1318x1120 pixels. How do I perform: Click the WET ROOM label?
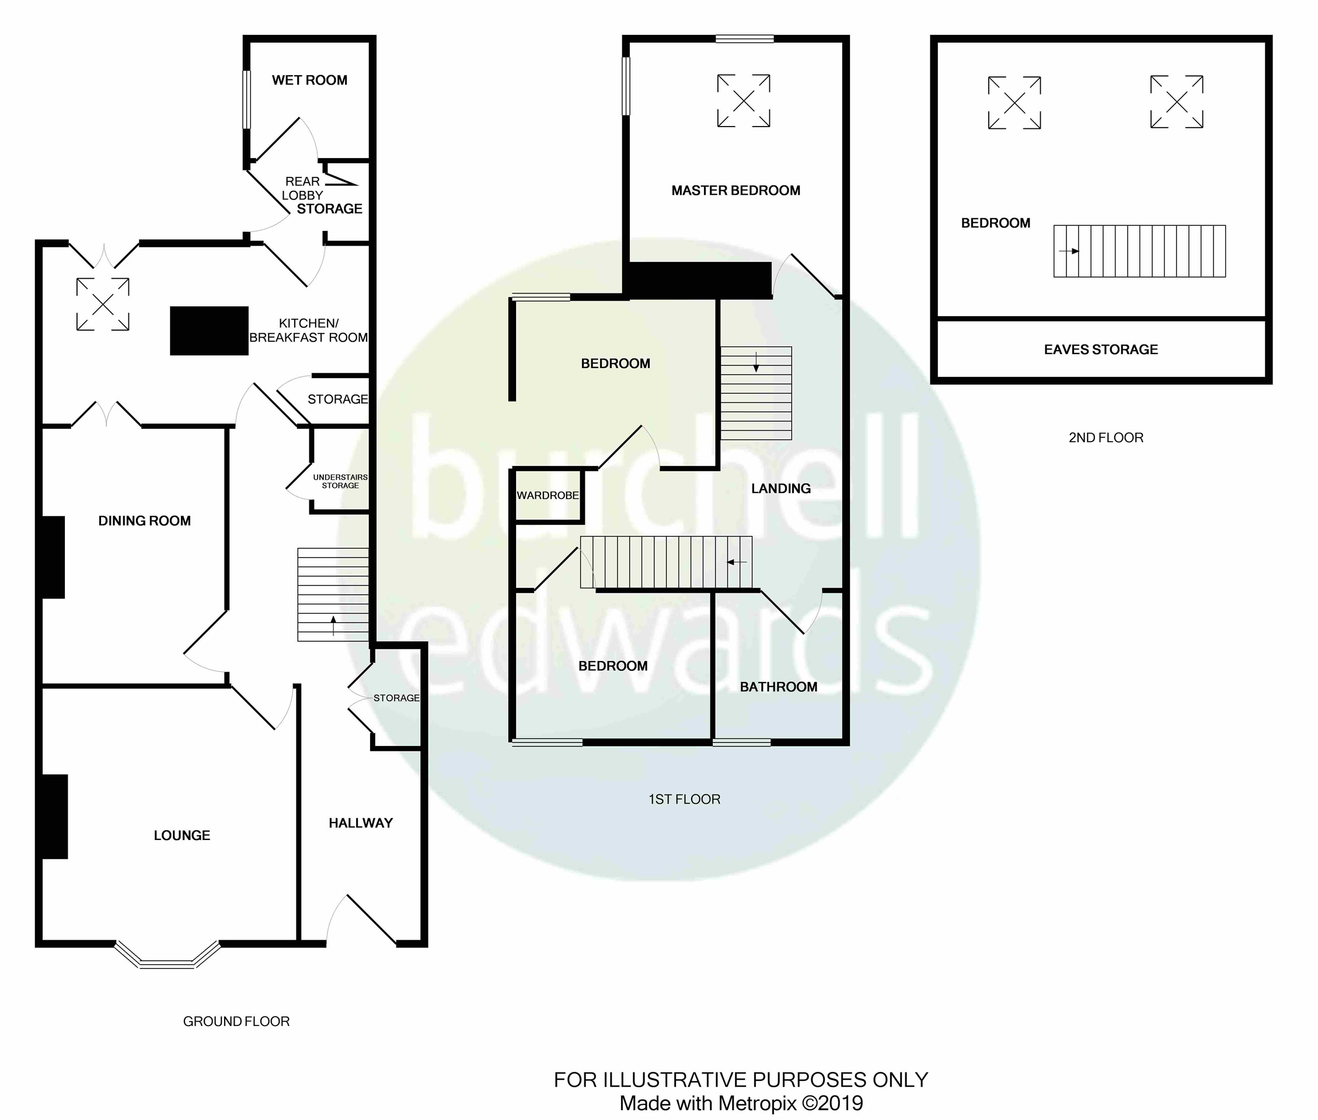tap(309, 80)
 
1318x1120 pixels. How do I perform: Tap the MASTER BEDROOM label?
tap(735, 191)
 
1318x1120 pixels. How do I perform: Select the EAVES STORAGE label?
tap(1101, 349)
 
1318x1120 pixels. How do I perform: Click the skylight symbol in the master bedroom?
tap(743, 100)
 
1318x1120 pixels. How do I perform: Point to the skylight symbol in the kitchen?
tap(103, 304)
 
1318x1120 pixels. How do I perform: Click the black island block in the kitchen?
tap(209, 330)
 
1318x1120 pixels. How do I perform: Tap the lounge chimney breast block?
tap(55, 817)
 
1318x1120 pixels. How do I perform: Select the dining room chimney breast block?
tap(53, 557)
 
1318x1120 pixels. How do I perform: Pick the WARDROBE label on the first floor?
tap(548, 495)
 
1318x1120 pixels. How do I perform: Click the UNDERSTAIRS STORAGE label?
tap(340, 481)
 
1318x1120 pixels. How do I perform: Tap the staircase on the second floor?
tap(1139, 251)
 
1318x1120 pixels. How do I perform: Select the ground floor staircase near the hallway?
tap(333, 594)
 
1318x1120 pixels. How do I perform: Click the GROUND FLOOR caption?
tap(236, 1021)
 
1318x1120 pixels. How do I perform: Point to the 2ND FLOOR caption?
tap(1106, 437)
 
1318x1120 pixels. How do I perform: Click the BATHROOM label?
tap(778, 687)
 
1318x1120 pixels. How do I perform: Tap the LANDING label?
tap(780, 488)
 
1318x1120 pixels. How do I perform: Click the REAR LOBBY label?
tap(302, 188)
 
